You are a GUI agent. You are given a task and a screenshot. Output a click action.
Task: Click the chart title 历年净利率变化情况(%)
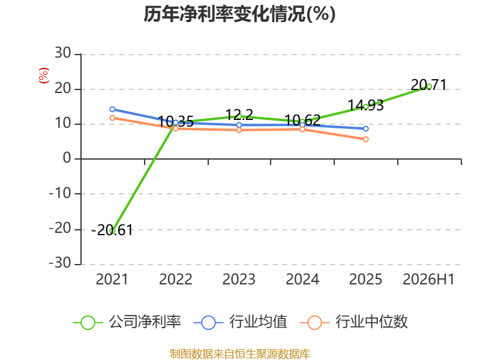point(239,14)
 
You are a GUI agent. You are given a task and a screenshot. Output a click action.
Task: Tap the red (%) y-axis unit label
point(44,76)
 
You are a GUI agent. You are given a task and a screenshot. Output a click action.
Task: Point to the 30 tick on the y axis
point(63,53)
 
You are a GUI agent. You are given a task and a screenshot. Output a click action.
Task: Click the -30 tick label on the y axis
point(61,263)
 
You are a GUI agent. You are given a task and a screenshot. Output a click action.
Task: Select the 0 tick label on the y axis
point(67,158)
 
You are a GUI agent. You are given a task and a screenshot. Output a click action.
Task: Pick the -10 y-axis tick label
point(61,193)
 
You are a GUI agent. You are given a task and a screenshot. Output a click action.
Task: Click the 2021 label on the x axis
point(112,280)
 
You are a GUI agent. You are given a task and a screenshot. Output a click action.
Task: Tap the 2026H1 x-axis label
point(428,280)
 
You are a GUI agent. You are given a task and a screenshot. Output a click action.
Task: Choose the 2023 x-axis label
point(239,280)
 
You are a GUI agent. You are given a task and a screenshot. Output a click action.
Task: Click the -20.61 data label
point(112,230)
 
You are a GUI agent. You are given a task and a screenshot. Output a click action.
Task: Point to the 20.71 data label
point(428,85)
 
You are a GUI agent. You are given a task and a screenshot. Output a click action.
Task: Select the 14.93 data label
point(366,106)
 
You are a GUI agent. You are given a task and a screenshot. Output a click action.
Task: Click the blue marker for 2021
point(112,109)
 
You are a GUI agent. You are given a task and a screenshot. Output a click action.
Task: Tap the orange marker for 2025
point(366,139)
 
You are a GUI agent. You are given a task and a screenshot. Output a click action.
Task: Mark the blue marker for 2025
point(366,129)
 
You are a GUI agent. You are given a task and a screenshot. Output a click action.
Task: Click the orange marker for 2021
point(112,118)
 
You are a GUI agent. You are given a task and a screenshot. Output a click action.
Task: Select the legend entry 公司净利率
point(127,322)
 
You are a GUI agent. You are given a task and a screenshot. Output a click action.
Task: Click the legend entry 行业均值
point(241,322)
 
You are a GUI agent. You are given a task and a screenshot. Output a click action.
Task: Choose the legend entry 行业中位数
point(354,322)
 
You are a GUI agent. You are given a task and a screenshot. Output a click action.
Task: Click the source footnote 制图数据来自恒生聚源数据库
point(239,354)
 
